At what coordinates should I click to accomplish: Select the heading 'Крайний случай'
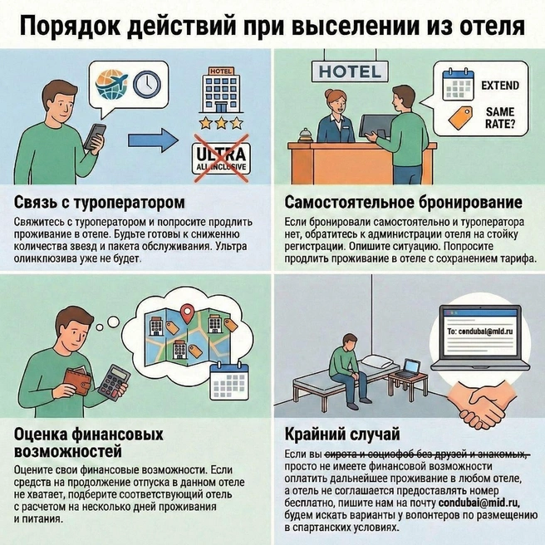point(330,434)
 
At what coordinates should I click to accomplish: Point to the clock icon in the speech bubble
point(146,81)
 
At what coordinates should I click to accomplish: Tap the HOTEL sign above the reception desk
point(349,71)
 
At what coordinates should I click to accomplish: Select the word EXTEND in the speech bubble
point(498,85)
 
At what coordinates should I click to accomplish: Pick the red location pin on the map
point(187,314)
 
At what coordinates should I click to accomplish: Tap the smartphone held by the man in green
point(96,136)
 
